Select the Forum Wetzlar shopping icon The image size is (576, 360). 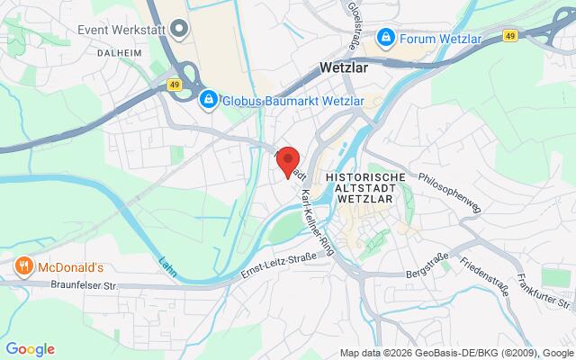385,37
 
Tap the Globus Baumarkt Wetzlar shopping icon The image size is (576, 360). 208,98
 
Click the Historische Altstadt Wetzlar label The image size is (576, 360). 366,188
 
